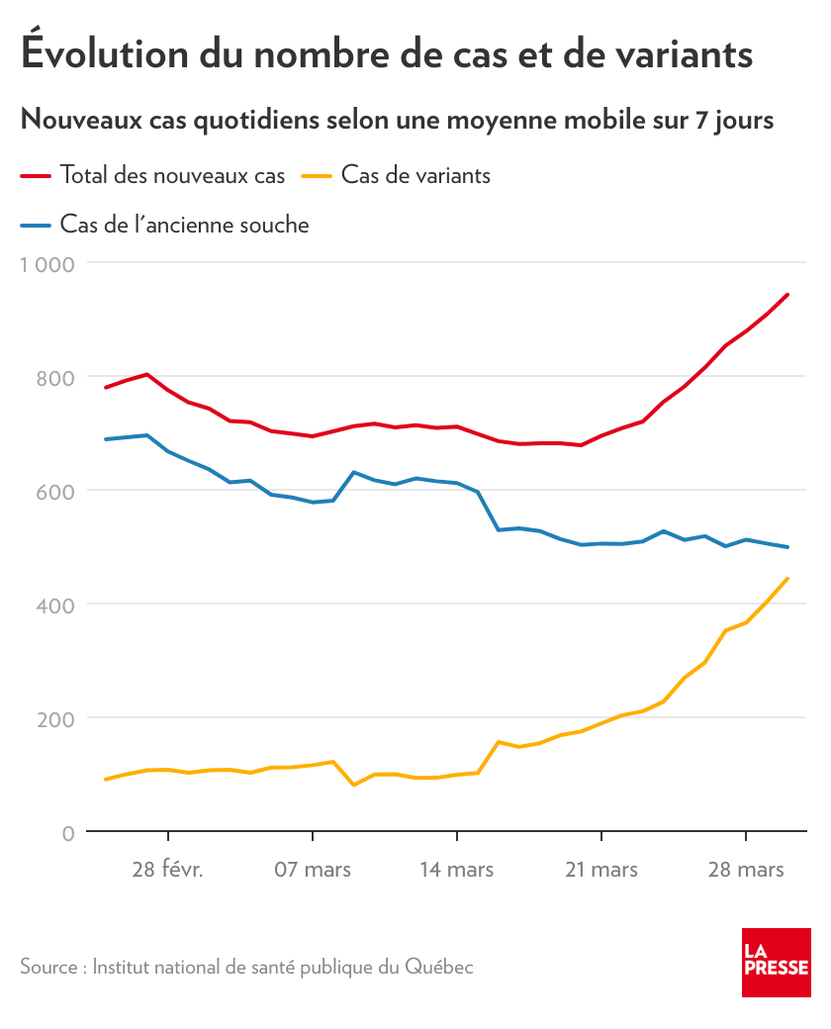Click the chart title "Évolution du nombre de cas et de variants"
point(387,53)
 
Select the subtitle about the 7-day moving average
point(397,121)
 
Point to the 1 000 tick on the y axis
point(48,264)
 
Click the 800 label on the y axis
point(55,378)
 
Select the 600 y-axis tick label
point(55,492)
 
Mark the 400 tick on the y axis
point(55,605)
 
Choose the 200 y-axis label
point(55,718)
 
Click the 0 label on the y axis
point(67,833)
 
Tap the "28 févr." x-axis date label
point(167,870)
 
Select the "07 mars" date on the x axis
point(312,870)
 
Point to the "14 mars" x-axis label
point(456,870)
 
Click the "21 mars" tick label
point(600,870)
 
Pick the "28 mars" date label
point(746,870)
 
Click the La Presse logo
point(777,963)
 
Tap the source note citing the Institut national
point(246,967)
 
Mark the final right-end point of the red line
point(787,294)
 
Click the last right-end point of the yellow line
point(787,578)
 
